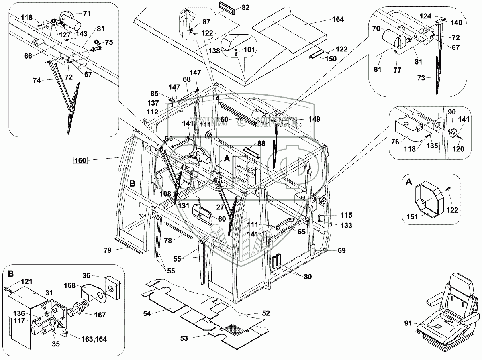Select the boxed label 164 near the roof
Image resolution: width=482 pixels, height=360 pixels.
click(337, 19)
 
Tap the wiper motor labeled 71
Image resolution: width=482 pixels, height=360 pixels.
click(71, 18)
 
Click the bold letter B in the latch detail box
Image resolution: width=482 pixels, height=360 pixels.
click(10, 274)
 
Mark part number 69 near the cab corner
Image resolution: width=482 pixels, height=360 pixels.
click(341, 251)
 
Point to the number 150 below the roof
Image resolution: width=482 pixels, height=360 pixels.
click(331, 59)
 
